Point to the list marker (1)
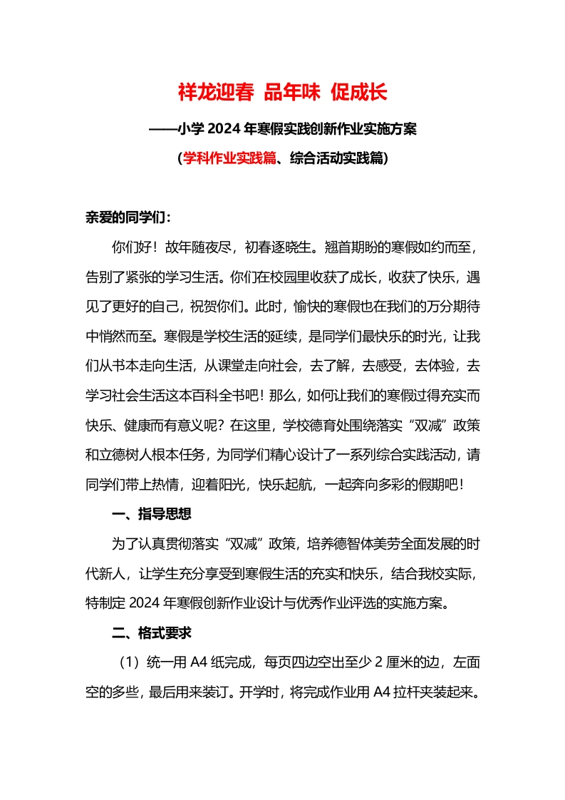coord(131,662)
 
